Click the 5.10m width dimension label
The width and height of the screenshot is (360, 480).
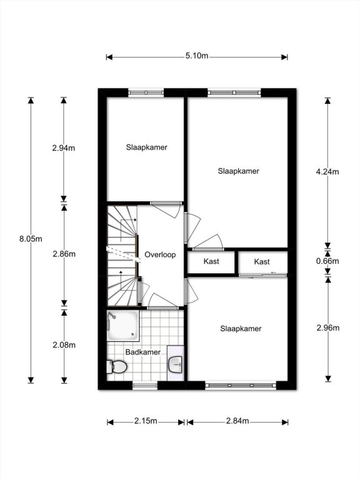tap(197, 56)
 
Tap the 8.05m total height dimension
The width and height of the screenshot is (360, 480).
tap(31, 239)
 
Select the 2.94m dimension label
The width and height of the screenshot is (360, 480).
tap(64, 148)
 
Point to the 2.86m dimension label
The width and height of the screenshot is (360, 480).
tap(64, 254)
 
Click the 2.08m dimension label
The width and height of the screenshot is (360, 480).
tap(64, 345)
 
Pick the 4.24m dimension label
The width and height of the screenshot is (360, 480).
tap(327, 172)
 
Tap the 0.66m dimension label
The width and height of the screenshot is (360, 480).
tap(327, 261)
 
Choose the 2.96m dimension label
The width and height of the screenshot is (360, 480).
tap(328, 328)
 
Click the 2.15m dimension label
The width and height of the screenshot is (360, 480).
tap(146, 421)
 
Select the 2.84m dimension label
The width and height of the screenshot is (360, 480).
tap(237, 421)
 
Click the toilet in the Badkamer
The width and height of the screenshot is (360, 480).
tap(117, 366)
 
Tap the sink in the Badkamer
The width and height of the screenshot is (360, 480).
tap(176, 364)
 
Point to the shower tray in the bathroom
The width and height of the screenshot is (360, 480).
tap(123, 326)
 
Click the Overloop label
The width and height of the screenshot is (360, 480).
tap(160, 255)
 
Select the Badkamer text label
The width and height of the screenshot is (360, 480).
tap(143, 352)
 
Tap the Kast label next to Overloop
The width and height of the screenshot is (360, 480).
tap(211, 261)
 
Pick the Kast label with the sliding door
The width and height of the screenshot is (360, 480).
tap(262, 262)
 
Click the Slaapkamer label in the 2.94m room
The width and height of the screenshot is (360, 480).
tap(147, 147)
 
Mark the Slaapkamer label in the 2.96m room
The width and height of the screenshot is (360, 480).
tap(241, 329)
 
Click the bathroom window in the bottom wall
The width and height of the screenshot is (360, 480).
tap(145, 386)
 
